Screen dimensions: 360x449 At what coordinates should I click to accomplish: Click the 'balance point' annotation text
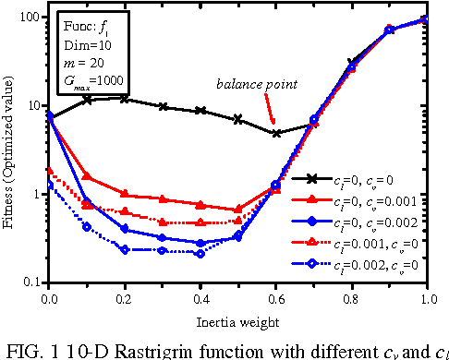257,84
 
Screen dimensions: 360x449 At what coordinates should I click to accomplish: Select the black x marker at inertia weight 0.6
276,133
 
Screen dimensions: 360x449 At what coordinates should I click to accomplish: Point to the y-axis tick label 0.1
33,282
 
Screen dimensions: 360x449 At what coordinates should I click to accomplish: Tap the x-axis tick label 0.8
352,299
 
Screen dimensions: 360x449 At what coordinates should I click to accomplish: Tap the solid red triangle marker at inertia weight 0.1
87,175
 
